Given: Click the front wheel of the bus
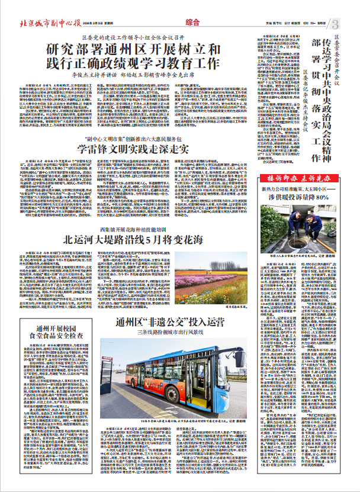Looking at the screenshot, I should [172, 394].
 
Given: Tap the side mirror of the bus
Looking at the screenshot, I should [240, 359].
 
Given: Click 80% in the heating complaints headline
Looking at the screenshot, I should [322, 197].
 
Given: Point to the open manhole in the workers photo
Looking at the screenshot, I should [298, 243].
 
